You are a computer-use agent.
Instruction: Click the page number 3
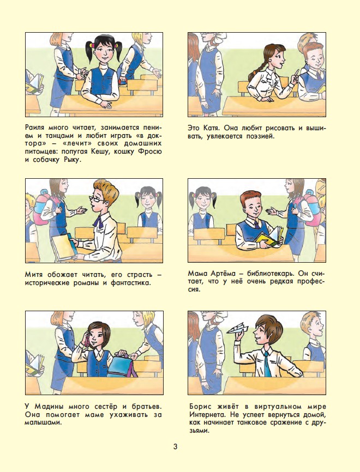pyautogui.click(x=175, y=446)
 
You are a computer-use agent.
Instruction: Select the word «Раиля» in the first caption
pyautogui.click(x=35, y=128)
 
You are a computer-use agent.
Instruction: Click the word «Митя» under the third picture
pyautogui.click(x=34, y=275)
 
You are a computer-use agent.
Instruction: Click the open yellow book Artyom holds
pyautogui.click(x=269, y=235)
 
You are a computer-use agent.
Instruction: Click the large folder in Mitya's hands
pyautogui.click(x=64, y=247)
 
